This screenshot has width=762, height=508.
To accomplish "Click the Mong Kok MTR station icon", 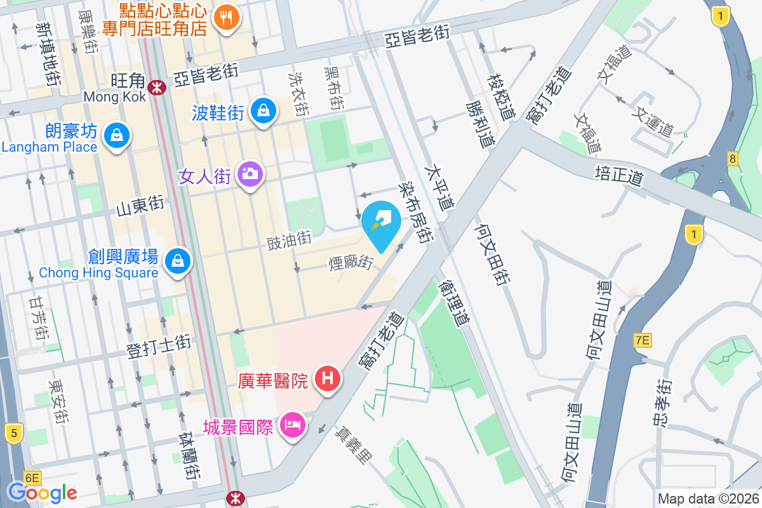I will click(155, 87).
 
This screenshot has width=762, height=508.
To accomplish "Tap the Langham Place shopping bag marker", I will click(117, 135).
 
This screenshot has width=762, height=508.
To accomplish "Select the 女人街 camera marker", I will click(250, 173).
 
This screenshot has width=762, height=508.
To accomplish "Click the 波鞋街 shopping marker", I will click(263, 111).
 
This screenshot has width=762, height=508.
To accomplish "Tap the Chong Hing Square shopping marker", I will click(178, 261).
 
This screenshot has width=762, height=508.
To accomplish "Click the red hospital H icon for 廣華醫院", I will click(328, 379).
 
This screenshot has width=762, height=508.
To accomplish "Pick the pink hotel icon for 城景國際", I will click(292, 424).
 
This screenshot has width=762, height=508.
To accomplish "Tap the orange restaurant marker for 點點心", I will click(226, 17).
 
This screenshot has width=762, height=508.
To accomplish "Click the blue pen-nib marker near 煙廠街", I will click(380, 224).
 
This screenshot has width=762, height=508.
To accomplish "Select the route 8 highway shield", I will click(733, 159).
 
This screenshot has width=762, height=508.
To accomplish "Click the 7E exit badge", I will click(643, 341).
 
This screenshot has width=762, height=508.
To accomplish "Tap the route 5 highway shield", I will click(13, 434).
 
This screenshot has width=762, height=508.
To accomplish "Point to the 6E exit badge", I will click(32, 478).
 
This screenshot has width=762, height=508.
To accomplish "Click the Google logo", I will click(43, 492).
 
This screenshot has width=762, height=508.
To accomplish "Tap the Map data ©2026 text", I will click(708, 499).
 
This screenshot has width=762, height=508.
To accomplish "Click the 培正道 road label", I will click(619, 176).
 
